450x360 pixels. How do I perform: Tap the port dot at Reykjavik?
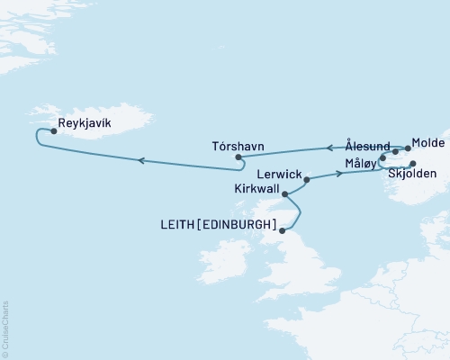click(x=54, y=131)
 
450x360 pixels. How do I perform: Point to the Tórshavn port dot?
click(x=238, y=157)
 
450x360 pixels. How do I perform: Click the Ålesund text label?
click(x=367, y=145)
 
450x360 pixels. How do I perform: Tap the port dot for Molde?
click(x=408, y=149)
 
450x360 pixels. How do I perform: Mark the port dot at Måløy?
click(x=383, y=158)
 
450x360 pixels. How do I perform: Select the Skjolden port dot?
click(x=413, y=164)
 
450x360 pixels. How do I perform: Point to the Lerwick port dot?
click(x=307, y=180)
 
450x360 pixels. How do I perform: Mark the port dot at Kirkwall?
click(x=285, y=193)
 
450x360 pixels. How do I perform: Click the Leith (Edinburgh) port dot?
click(x=283, y=231)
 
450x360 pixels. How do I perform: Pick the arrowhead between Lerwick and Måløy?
click(x=340, y=174)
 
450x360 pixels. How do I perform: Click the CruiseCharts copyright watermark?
click(x=5, y=329)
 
